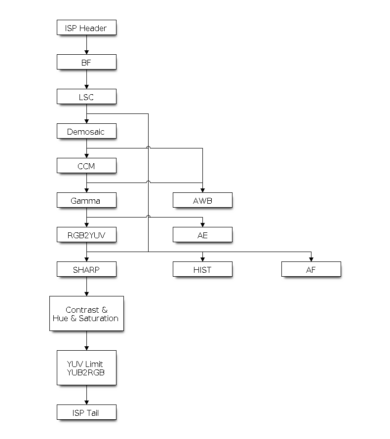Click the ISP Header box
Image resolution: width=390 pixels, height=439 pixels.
point(86,28)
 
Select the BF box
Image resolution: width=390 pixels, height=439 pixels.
point(86,62)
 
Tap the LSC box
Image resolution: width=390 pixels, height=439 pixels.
point(86,97)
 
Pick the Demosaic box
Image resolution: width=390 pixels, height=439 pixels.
point(86,131)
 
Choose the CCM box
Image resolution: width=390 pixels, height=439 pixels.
point(86,165)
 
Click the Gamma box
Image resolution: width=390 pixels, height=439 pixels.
point(86,200)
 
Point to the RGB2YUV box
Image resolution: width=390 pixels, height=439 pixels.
point(86,235)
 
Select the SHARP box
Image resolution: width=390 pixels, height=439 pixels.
point(86,269)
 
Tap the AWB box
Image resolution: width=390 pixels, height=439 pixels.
point(202,200)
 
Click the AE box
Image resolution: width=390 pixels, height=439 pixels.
point(202,235)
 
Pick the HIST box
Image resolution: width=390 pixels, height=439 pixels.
point(202,269)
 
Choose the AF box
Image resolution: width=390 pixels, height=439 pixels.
point(312,269)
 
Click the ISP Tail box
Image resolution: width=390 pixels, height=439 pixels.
point(86,412)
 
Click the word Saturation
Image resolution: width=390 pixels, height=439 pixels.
point(99,318)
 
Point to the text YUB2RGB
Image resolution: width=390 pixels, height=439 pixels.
point(86,372)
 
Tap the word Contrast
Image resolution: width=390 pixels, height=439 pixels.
point(82,310)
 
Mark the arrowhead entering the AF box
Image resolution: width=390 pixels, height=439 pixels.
point(312,259)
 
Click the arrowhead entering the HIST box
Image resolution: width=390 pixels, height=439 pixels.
point(202,259)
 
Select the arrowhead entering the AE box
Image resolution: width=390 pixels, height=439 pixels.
point(202,225)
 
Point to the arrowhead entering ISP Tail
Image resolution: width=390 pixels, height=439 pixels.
point(86,402)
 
